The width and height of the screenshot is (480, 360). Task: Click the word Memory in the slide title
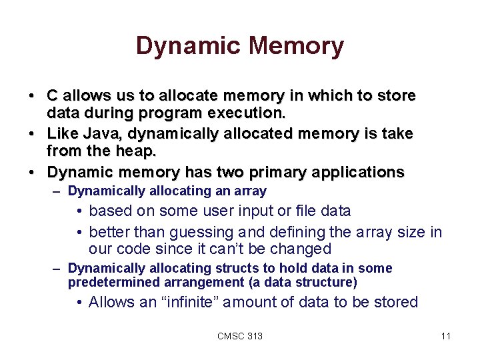[297, 46]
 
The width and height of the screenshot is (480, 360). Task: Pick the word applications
[359, 172]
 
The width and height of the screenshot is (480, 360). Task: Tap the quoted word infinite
[188, 302]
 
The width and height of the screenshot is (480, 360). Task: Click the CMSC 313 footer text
[240, 336]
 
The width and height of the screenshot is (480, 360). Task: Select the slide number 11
[446, 336]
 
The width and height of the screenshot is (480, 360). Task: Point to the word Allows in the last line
[112, 302]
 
